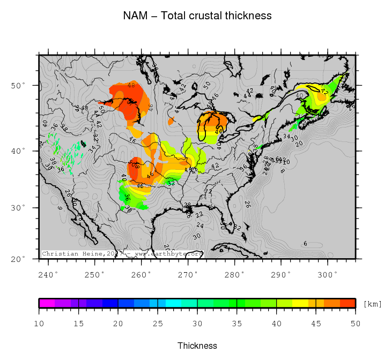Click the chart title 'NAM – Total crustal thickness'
(197, 16)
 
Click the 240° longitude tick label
(49, 274)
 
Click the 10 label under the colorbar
(39, 323)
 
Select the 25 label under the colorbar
(158, 323)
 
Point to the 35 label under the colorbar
(237, 323)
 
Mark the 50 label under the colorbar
(356, 323)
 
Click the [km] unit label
(373, 304)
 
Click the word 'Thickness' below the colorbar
(197, 346)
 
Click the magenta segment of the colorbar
(47, 303)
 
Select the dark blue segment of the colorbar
(110, 303)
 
